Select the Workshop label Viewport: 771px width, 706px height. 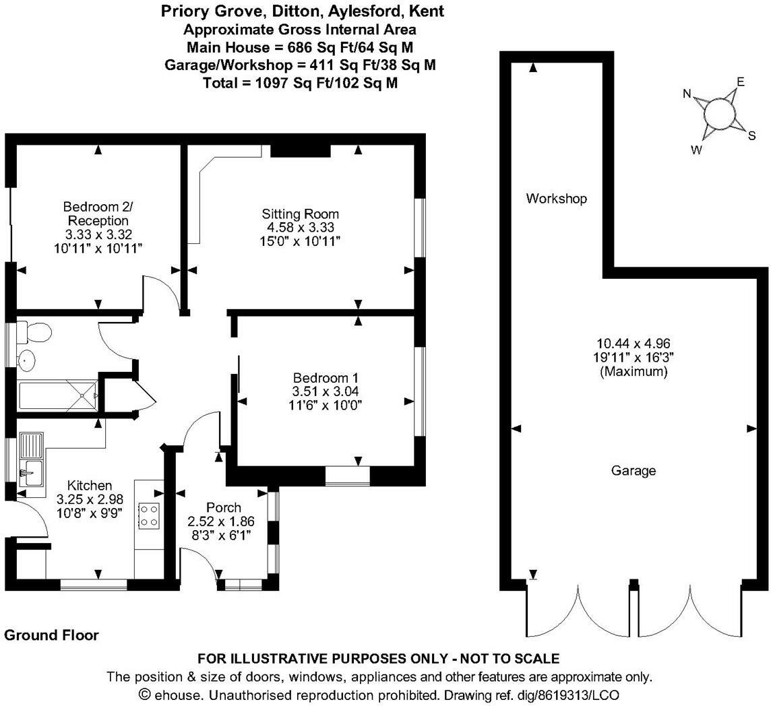click(x=557, y=199)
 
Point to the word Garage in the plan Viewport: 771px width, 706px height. click(x=634, y=471)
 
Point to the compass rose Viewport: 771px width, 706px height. click(x=719, y=113)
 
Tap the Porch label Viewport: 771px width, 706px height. click(x=224, y=507)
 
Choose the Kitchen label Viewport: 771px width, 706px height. click(x=90, y=485)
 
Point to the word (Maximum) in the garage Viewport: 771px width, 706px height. click(x=634, y=371)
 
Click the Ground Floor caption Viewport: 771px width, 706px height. click(x=51, y=635)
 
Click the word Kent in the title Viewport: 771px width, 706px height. click(x=428, y=11)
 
